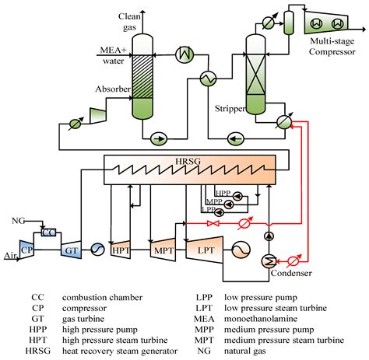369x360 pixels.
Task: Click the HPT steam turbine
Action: pos(121,250)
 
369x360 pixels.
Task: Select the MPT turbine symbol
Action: pos(163,250)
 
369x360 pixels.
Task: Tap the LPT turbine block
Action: pos(205,250)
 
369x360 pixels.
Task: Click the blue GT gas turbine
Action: pos(71,250)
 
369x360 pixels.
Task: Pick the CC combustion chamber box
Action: pos(48,232)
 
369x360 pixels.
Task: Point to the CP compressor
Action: pos(26,250)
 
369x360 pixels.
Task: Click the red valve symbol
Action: pos(213,223)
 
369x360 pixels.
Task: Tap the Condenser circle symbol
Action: pos(269,261)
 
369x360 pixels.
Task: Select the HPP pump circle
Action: pos(237,197)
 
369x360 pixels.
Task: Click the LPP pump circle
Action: pos(220,212)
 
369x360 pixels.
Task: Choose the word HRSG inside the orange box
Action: pos(188,161)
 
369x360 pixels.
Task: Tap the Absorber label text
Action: pos(113,89)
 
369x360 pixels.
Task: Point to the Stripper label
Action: pos(230,108)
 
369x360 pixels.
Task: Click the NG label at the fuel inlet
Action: pos(18,221)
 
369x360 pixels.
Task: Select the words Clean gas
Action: pos(129,22)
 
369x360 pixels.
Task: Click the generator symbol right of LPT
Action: pos(241,250)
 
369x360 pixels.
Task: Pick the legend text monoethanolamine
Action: pos(261,319)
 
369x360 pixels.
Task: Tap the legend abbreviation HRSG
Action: pos(38,351)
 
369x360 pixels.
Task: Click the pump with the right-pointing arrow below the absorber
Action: pos(159,138)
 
